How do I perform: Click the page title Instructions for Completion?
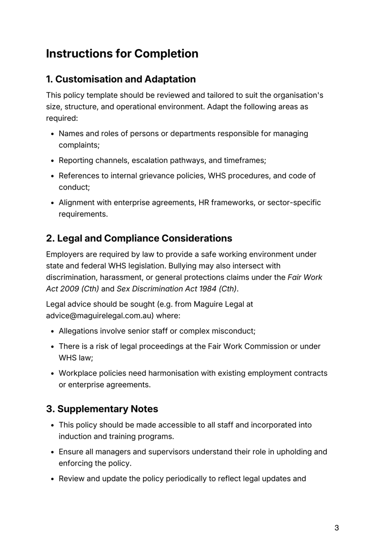[x=122, y=54]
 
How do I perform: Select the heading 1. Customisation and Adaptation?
[x=121, y=79]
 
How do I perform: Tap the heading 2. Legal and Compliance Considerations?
[x=139, y=238]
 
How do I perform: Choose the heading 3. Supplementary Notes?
[x=102, y=408]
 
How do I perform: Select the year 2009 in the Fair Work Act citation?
[x=70, y=289]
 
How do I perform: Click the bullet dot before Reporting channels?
[x=52, y=160]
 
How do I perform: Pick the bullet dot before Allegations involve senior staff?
[x=52, y=331]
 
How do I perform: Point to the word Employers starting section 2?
[x=65, y=255]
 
